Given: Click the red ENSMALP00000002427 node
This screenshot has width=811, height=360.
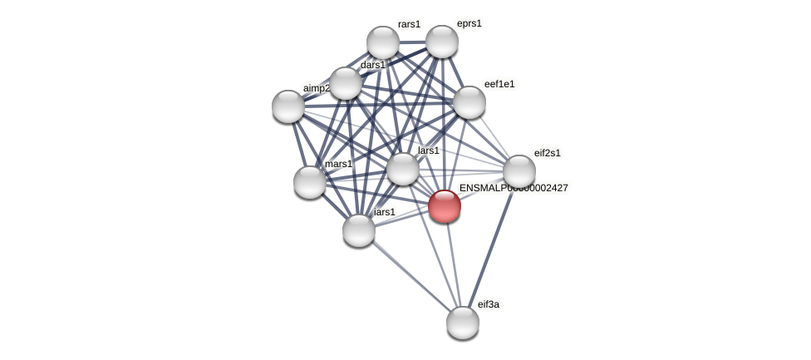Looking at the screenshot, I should [x=445, y=206].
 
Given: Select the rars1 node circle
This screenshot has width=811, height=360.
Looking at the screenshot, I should [x=383, y=42].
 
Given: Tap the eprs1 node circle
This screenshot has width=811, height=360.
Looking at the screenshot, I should [x=442, y=42].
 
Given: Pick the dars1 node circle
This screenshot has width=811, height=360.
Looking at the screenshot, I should [x=346, y=83].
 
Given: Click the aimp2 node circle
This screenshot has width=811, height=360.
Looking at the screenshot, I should [x=288, y=106].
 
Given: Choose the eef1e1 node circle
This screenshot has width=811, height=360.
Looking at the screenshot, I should [x=469, y=102].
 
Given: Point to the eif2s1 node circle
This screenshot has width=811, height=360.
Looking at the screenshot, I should [x=519, y=171].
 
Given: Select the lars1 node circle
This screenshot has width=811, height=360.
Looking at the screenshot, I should [x=403, y=169].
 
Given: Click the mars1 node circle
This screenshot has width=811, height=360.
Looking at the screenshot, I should [x=310, y=182].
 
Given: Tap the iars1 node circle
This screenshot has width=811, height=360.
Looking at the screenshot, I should [x=359, y=230].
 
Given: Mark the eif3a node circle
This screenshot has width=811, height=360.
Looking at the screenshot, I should [x=463, y=323].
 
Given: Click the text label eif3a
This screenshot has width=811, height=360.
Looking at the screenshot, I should [x=489, y=304].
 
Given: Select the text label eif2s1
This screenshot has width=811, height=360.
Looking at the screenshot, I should [x=548, y=153].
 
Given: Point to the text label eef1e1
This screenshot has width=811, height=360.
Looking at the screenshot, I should [x=499, y=84].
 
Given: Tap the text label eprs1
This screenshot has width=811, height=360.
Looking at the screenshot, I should [x=469, y=23].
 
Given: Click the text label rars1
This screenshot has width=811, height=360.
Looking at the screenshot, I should [x=409, y=24].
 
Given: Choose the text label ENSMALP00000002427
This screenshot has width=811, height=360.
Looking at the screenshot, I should [x=514, y=188].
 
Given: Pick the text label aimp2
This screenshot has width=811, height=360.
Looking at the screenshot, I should [x=316, y=88].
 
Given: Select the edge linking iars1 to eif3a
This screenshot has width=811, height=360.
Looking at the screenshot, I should [x=410, y=276].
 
